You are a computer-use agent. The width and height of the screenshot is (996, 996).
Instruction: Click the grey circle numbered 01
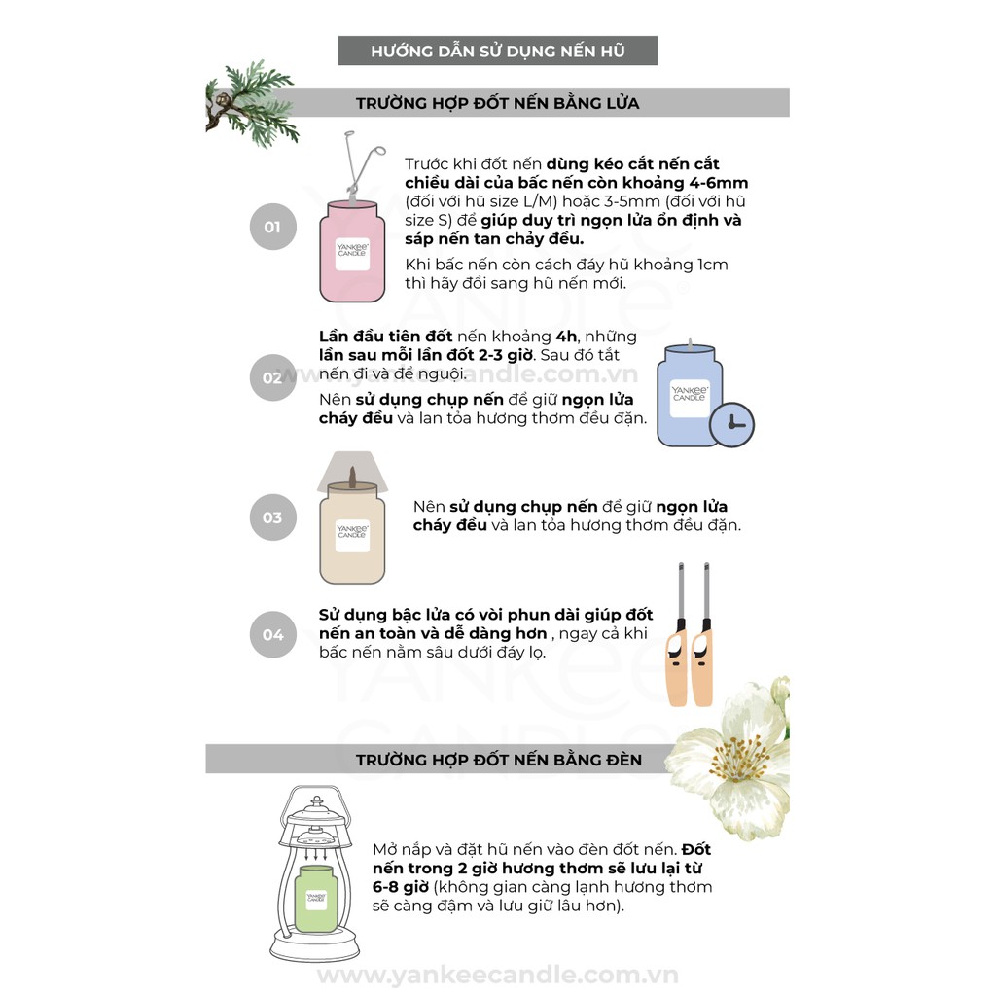[272, 227]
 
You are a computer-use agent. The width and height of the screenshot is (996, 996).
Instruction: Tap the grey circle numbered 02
[272, 378]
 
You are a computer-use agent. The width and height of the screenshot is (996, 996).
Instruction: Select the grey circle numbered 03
[272, 517]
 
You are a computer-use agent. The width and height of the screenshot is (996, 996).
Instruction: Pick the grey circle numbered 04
[272, 634]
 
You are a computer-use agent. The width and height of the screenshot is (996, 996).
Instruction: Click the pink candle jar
[352, 252]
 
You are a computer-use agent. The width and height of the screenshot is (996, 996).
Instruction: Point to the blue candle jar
[690, 396]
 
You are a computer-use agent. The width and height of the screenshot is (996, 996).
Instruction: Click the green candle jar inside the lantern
[316, 897]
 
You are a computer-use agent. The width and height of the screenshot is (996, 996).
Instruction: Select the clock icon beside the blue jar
[731, 424]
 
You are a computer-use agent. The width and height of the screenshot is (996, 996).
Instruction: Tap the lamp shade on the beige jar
[352, 472]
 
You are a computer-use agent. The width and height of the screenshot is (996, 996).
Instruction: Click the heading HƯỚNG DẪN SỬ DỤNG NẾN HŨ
[497, 51]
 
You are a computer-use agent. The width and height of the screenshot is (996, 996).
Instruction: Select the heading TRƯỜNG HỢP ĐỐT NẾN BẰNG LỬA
[497, 103]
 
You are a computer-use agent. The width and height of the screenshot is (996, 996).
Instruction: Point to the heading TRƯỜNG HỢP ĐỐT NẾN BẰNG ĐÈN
[499, 760]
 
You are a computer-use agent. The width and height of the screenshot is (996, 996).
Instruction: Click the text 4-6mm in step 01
[719, 183]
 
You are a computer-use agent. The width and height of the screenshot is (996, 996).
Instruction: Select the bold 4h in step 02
[566, 336]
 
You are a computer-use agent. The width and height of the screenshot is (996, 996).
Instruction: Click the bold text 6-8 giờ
[401, 887]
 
